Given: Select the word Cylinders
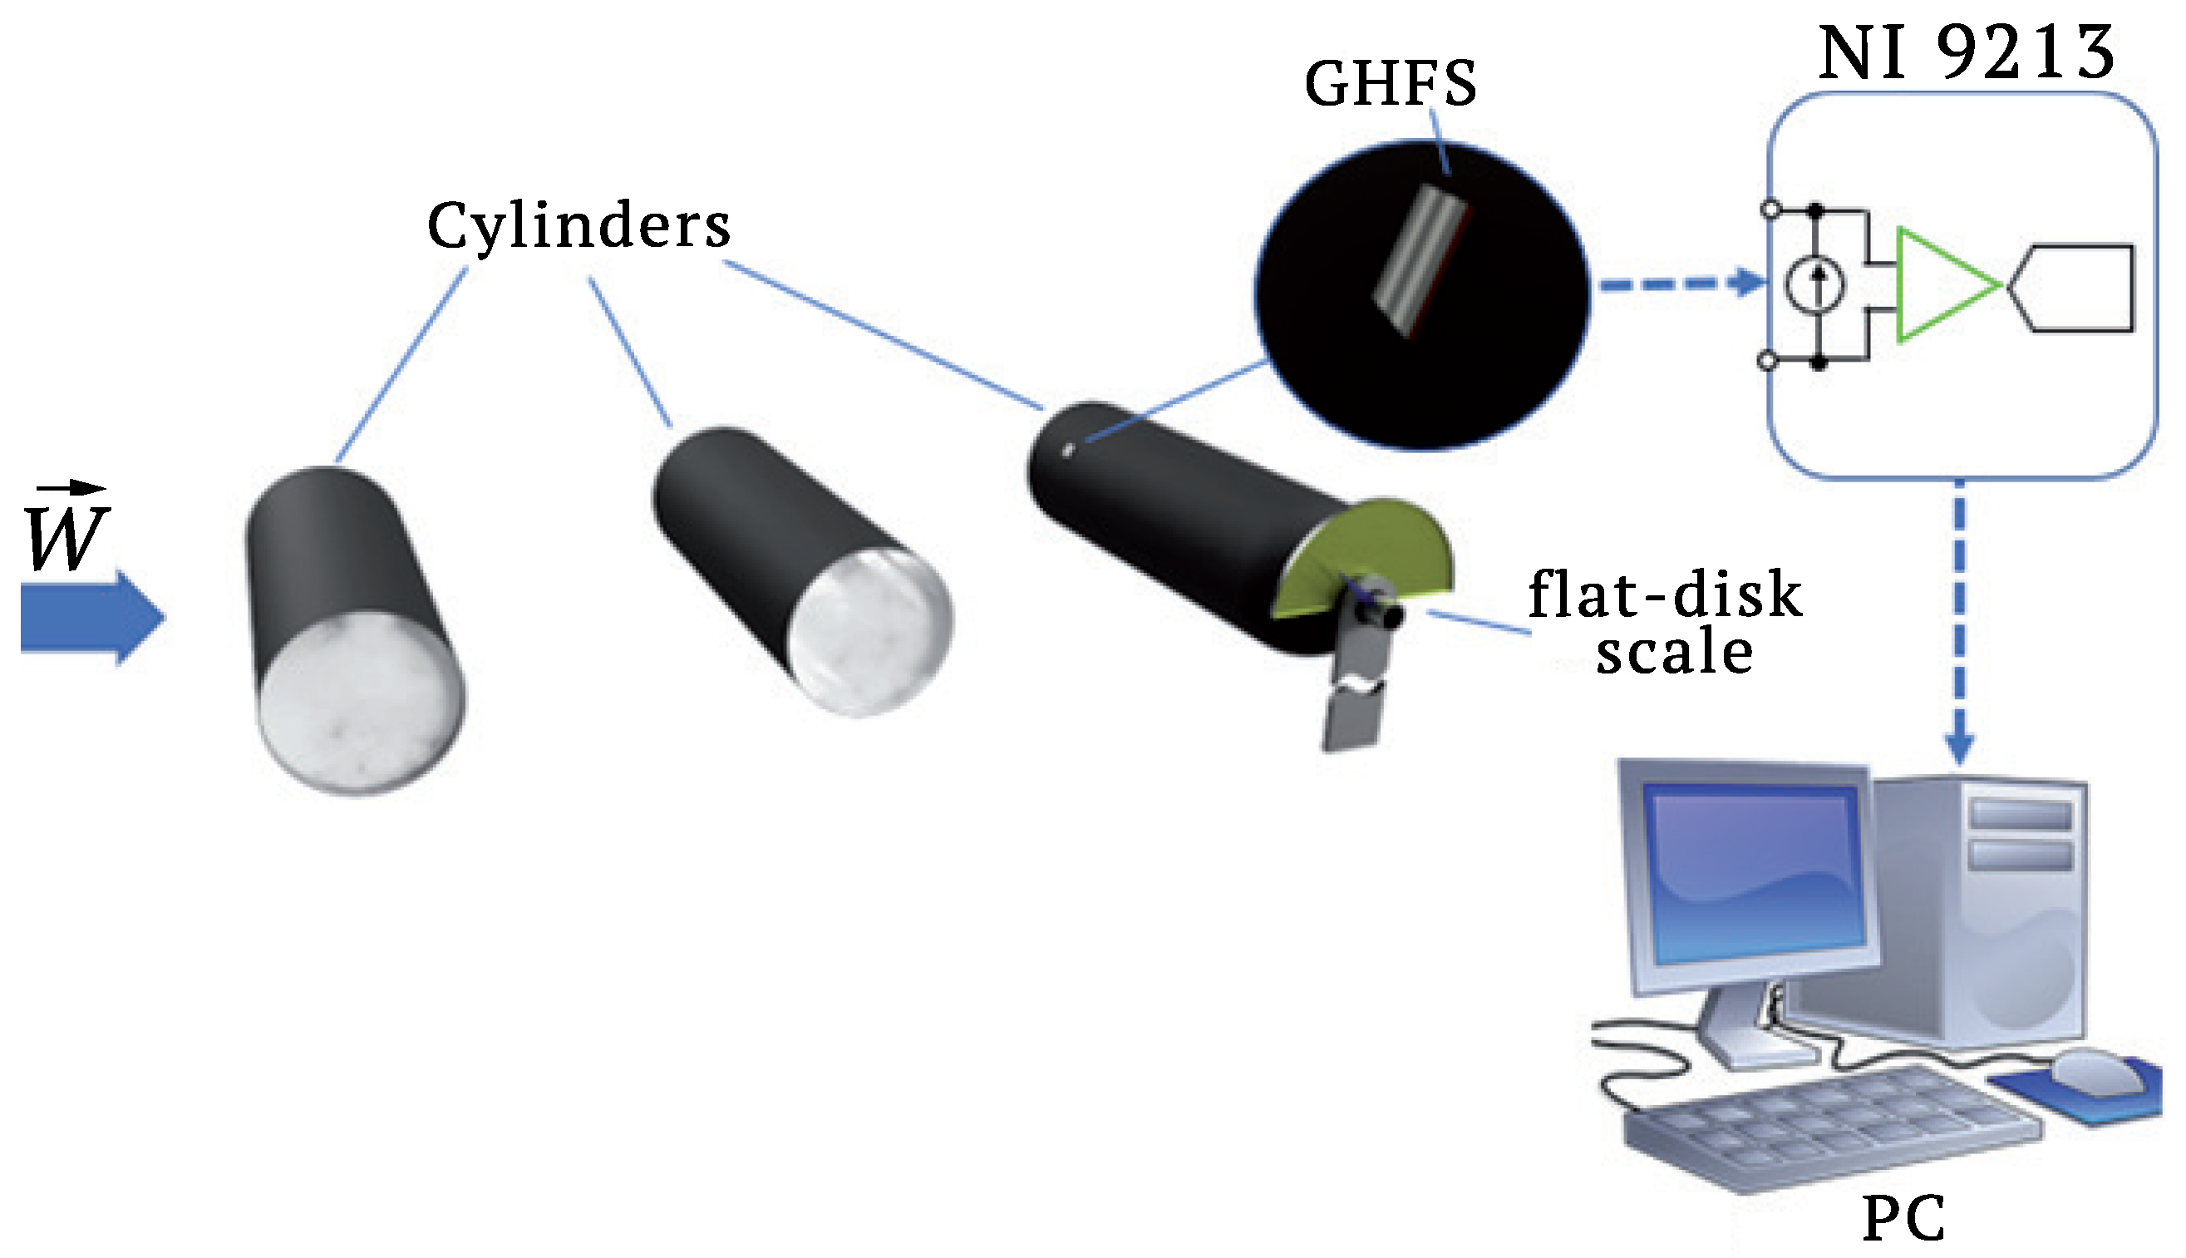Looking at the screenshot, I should pos(579,225).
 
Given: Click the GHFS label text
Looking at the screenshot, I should pos(1390,84).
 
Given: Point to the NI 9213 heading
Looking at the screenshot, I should pos(1966,52).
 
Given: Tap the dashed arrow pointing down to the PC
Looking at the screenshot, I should pos(1959,622).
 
